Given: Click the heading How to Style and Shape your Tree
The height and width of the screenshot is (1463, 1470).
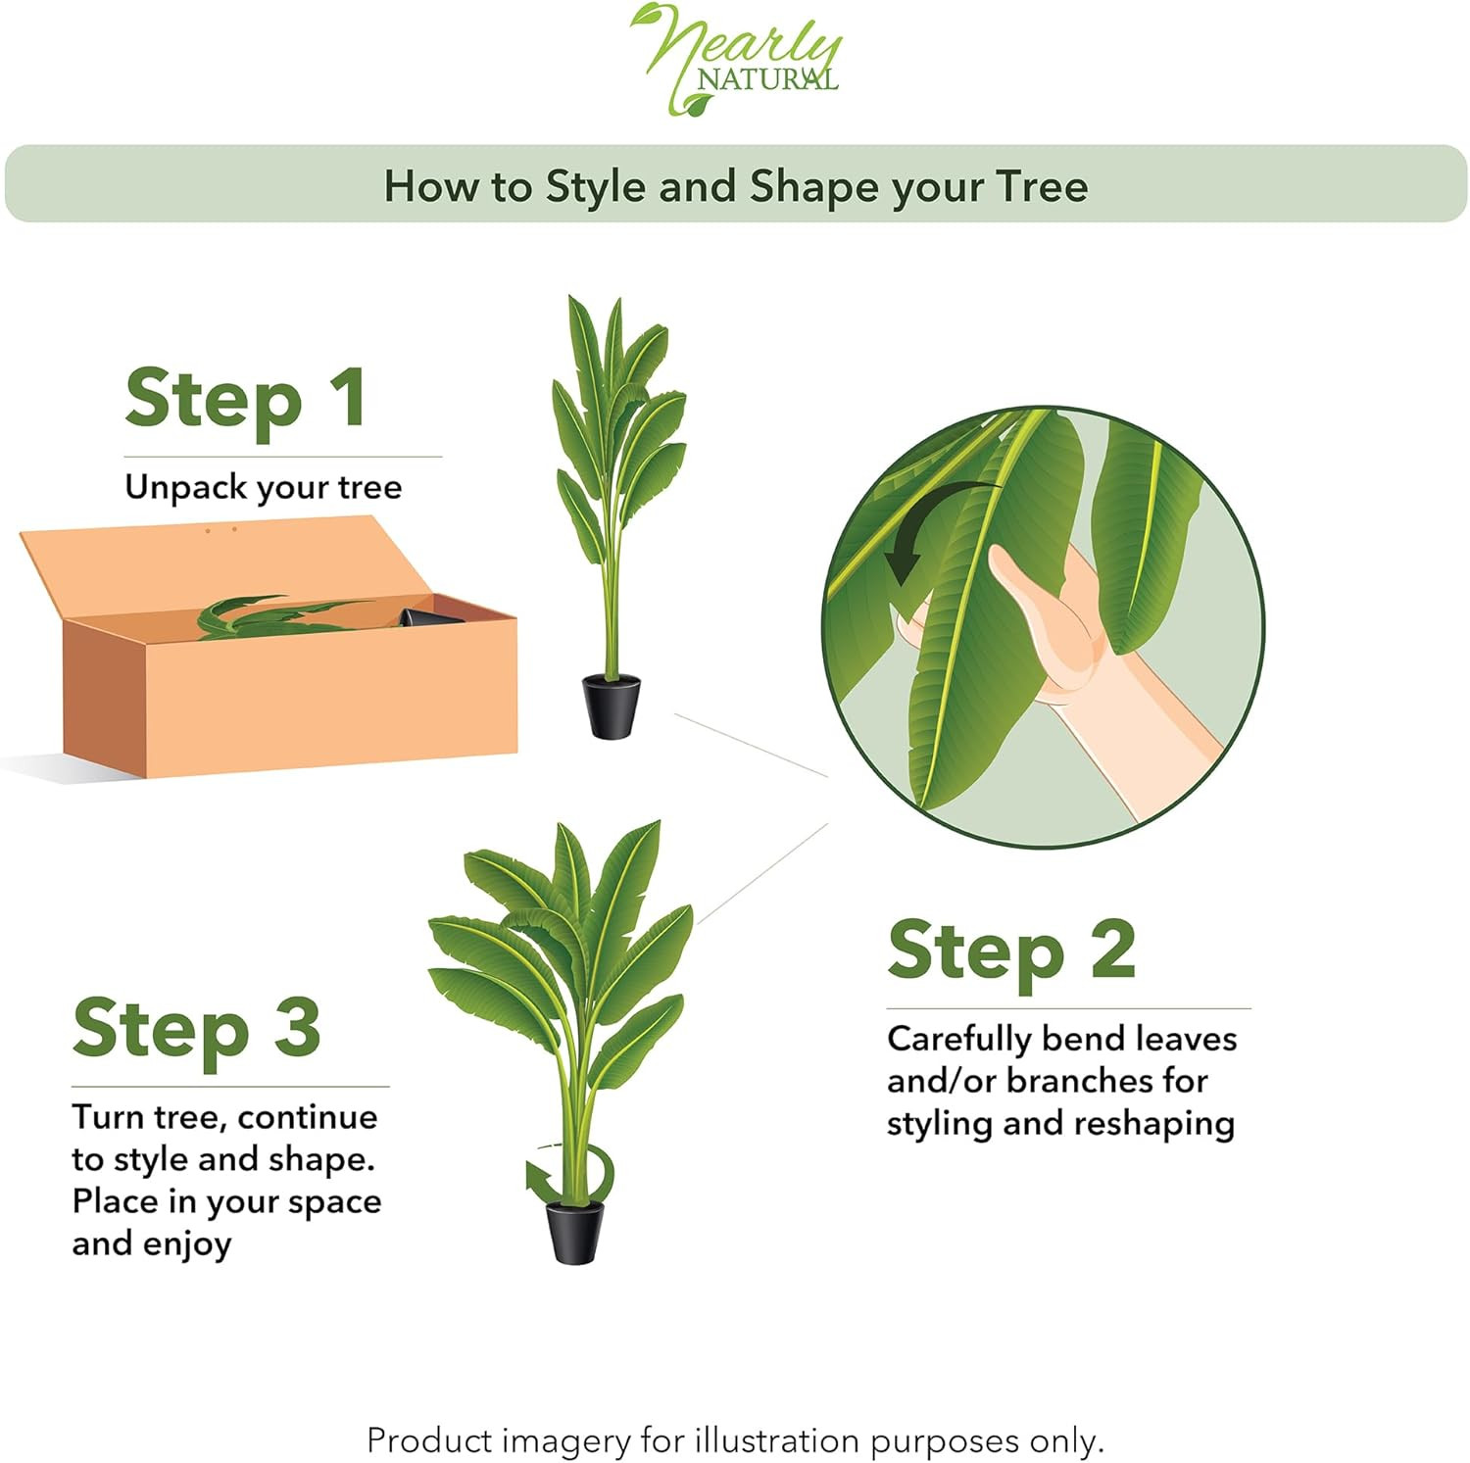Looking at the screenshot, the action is click(735, 186).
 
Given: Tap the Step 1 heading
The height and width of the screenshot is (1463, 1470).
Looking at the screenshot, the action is click(246, 400).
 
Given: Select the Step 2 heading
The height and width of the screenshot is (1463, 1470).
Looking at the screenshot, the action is click(1011, 951).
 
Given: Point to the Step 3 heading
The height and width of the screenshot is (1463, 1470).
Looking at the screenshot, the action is click(196, 1029).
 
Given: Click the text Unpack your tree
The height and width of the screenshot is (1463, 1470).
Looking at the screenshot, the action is click(263, 487).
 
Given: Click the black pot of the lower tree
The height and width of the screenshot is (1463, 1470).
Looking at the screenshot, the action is click(574, 1232).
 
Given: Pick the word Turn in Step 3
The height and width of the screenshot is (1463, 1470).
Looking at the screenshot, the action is click(108, 1117).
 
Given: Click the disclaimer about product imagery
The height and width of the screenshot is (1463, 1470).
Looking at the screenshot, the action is click(735, 1440).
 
